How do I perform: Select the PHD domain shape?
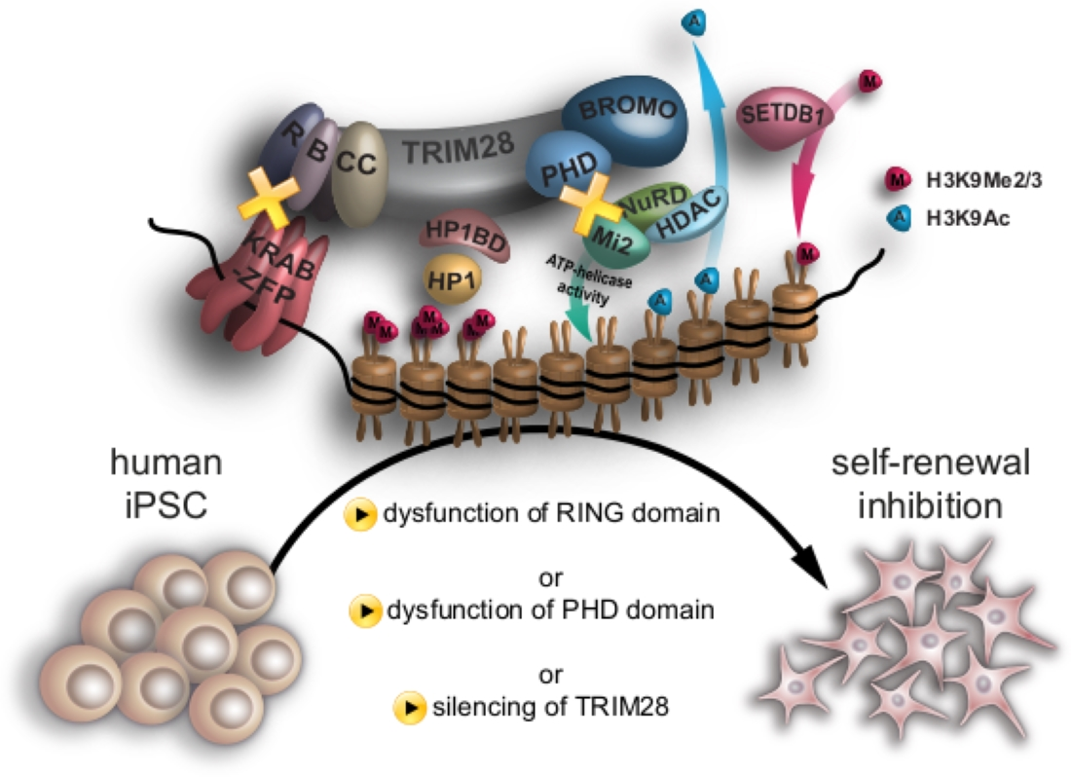click(x=571, y=167)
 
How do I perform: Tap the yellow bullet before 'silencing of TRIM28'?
click(x=406, y=706)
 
